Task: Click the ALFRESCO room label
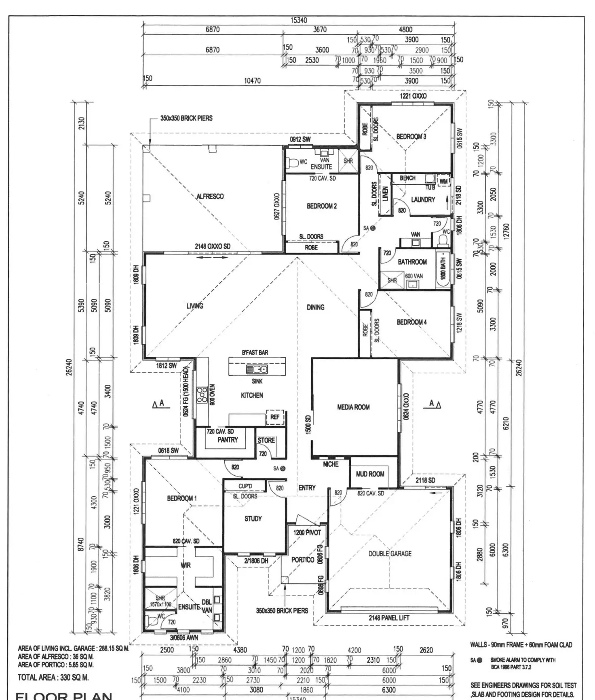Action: [210, 196]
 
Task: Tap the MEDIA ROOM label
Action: [353, 407]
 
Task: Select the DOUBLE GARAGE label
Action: [390, 553]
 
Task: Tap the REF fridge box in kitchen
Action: [275, 417]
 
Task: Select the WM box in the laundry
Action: [444, 181]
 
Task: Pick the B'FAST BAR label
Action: [255, 352]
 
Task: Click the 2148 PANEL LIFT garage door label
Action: [389, 618]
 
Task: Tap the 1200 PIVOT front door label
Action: [307, 533]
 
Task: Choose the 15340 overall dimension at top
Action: [299, 20]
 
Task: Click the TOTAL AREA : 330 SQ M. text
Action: [53, 677]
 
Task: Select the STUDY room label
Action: [253, 519]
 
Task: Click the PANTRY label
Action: [228, 440]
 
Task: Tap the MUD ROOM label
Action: [370, 474]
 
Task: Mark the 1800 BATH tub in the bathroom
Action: [443, 268]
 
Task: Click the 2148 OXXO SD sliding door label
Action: [213, 246]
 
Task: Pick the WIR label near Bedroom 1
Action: [186, 565]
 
